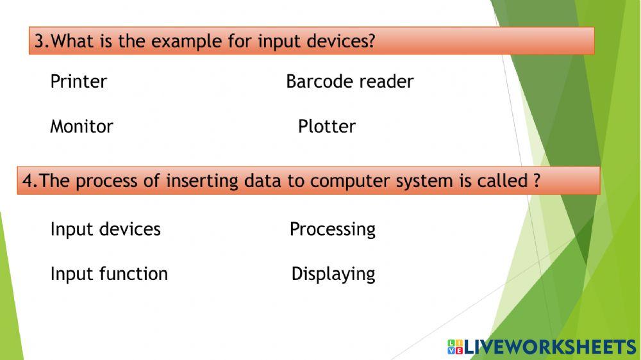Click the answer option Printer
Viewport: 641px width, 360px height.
coord(78,82)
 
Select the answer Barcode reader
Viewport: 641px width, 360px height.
coord(349,82)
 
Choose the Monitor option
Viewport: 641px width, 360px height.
coord(81,127)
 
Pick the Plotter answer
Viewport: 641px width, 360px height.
coord(326,127)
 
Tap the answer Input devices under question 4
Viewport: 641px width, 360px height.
coord(105,229)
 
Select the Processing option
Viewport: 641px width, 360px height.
coord(332,229)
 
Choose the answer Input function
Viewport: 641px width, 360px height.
coord(109,274)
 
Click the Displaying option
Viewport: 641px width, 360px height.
coord(333,274)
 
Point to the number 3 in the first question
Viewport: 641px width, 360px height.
coord(39,42)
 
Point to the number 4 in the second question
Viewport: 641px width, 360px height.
coord(28,181)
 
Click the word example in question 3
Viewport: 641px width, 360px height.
coord(187,42)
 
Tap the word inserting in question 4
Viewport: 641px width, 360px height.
coord(203,181)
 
